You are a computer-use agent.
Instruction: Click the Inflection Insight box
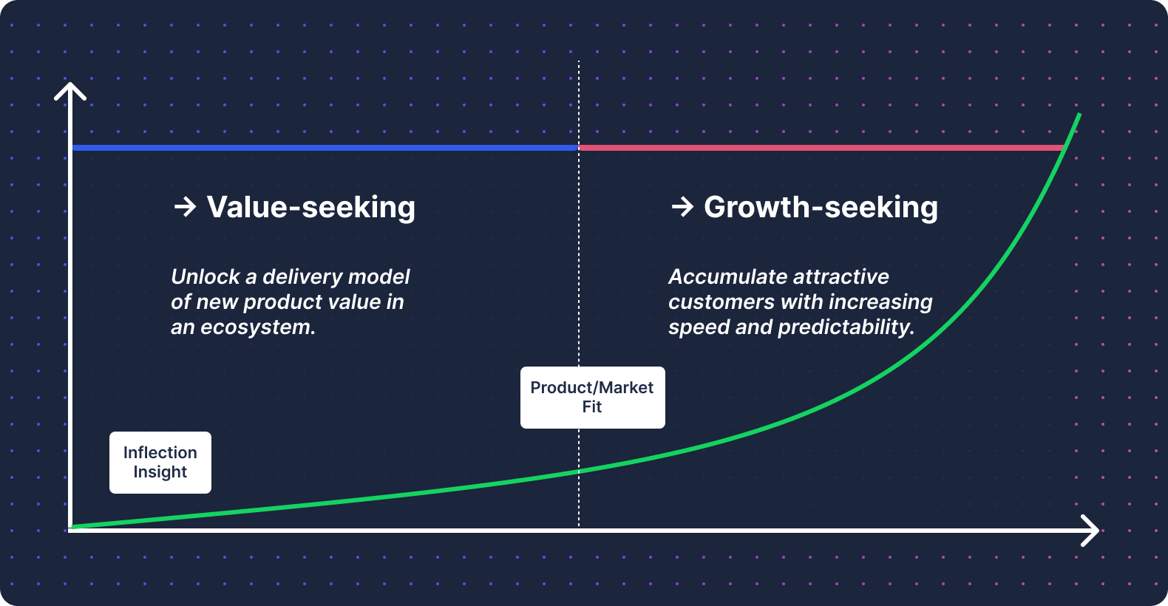(x=160, y=462)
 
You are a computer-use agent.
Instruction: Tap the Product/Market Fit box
(x=592, y=398)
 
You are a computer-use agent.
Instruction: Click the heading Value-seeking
(x=310, y=208)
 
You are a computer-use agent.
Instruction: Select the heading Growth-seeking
(x=821, y=208)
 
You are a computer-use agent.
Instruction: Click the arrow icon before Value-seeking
(x=185, y=207)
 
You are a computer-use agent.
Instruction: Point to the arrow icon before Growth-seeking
(x=682, y=207)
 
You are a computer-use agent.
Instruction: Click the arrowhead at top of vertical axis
(x=70, y=91)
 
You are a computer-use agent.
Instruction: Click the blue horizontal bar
(x=325, y=148)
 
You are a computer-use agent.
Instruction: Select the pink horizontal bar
(x=821, y=148)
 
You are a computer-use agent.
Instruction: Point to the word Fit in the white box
(x=592, y=407)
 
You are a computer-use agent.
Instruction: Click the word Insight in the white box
(x=160, y=472)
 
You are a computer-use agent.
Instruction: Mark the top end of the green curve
(x=1079, y=114)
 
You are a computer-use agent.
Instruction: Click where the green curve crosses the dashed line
(x=579, y=471)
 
